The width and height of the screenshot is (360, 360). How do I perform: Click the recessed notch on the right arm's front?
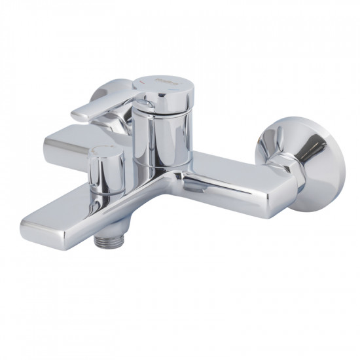[x=194, y=187]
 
